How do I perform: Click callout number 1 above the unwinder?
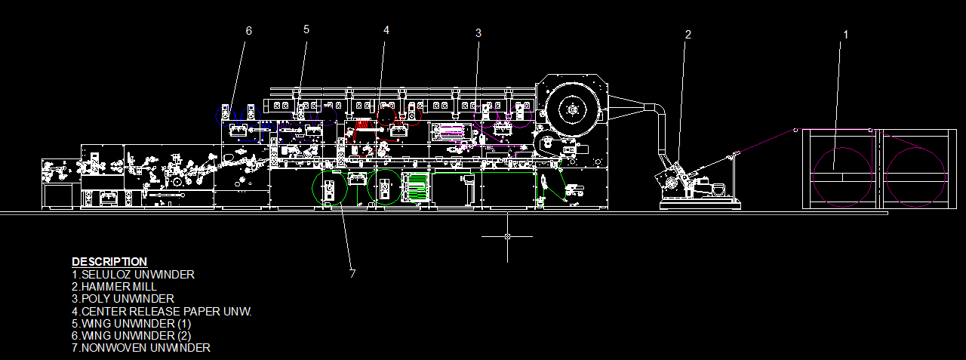click(845, 34)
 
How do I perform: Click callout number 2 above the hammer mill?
click(688, 34)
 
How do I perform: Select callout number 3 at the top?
click(478, 32)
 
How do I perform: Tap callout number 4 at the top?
click(386, 29)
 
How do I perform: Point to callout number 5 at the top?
click(306, 29)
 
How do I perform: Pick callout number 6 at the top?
click(248, 30)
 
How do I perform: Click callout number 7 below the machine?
click(352, 274)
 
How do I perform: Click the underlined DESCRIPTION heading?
click(109, 262)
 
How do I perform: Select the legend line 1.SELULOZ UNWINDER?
click(133, 275)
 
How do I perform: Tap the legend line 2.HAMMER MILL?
click(114, 287)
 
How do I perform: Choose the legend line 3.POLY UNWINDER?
click(122, 299)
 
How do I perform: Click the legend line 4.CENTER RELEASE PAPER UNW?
click(162, 311)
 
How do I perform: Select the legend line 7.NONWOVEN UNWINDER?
click(140, 347)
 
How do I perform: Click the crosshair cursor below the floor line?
click(507, 236)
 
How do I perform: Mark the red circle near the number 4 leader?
click(388, 116)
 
